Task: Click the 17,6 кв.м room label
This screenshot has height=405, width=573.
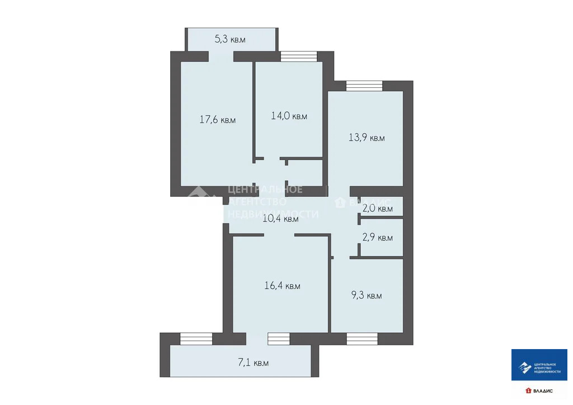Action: coord(218,120)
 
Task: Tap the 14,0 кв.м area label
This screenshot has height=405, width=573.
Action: coord(289,116)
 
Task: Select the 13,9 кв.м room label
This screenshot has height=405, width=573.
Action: coord(367,138)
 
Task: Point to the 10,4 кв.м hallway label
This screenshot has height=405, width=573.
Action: coord(280,219)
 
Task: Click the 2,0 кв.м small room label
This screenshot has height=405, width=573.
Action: coord(377,209)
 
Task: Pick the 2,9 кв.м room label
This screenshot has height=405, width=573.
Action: coord(377,238)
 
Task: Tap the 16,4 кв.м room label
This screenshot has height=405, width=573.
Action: coord(282,286)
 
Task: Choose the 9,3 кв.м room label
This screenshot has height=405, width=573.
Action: coord(367,295)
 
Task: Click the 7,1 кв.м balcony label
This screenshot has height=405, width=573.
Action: coord(253,362)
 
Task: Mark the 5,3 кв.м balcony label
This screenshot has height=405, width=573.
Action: coord(230,39)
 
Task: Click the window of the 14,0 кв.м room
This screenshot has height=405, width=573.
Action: coord(298,56)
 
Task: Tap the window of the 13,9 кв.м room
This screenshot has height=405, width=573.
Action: coord(364,85)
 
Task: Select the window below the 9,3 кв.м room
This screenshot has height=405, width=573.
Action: coord(361,338)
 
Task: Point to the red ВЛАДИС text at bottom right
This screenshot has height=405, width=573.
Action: coord(542,390)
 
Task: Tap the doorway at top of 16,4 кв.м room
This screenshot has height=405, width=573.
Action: coord(279,235)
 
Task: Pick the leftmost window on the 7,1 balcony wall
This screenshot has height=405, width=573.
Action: coord(196,338)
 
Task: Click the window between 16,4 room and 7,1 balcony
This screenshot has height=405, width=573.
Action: coord(279,338)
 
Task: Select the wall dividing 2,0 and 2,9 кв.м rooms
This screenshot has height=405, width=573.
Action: coord(381,218)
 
